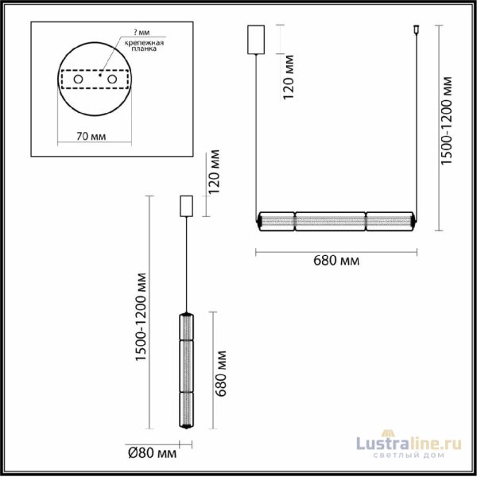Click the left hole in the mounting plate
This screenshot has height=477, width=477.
click(79, 81)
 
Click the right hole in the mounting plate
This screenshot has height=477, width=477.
click(113, 81)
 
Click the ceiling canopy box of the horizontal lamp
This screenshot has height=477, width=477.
click(256, 39)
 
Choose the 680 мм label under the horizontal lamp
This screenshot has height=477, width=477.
click(335, 261)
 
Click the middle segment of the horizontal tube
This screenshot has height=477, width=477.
click(331, 219)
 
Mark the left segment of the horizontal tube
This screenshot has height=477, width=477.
click(278, 219)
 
